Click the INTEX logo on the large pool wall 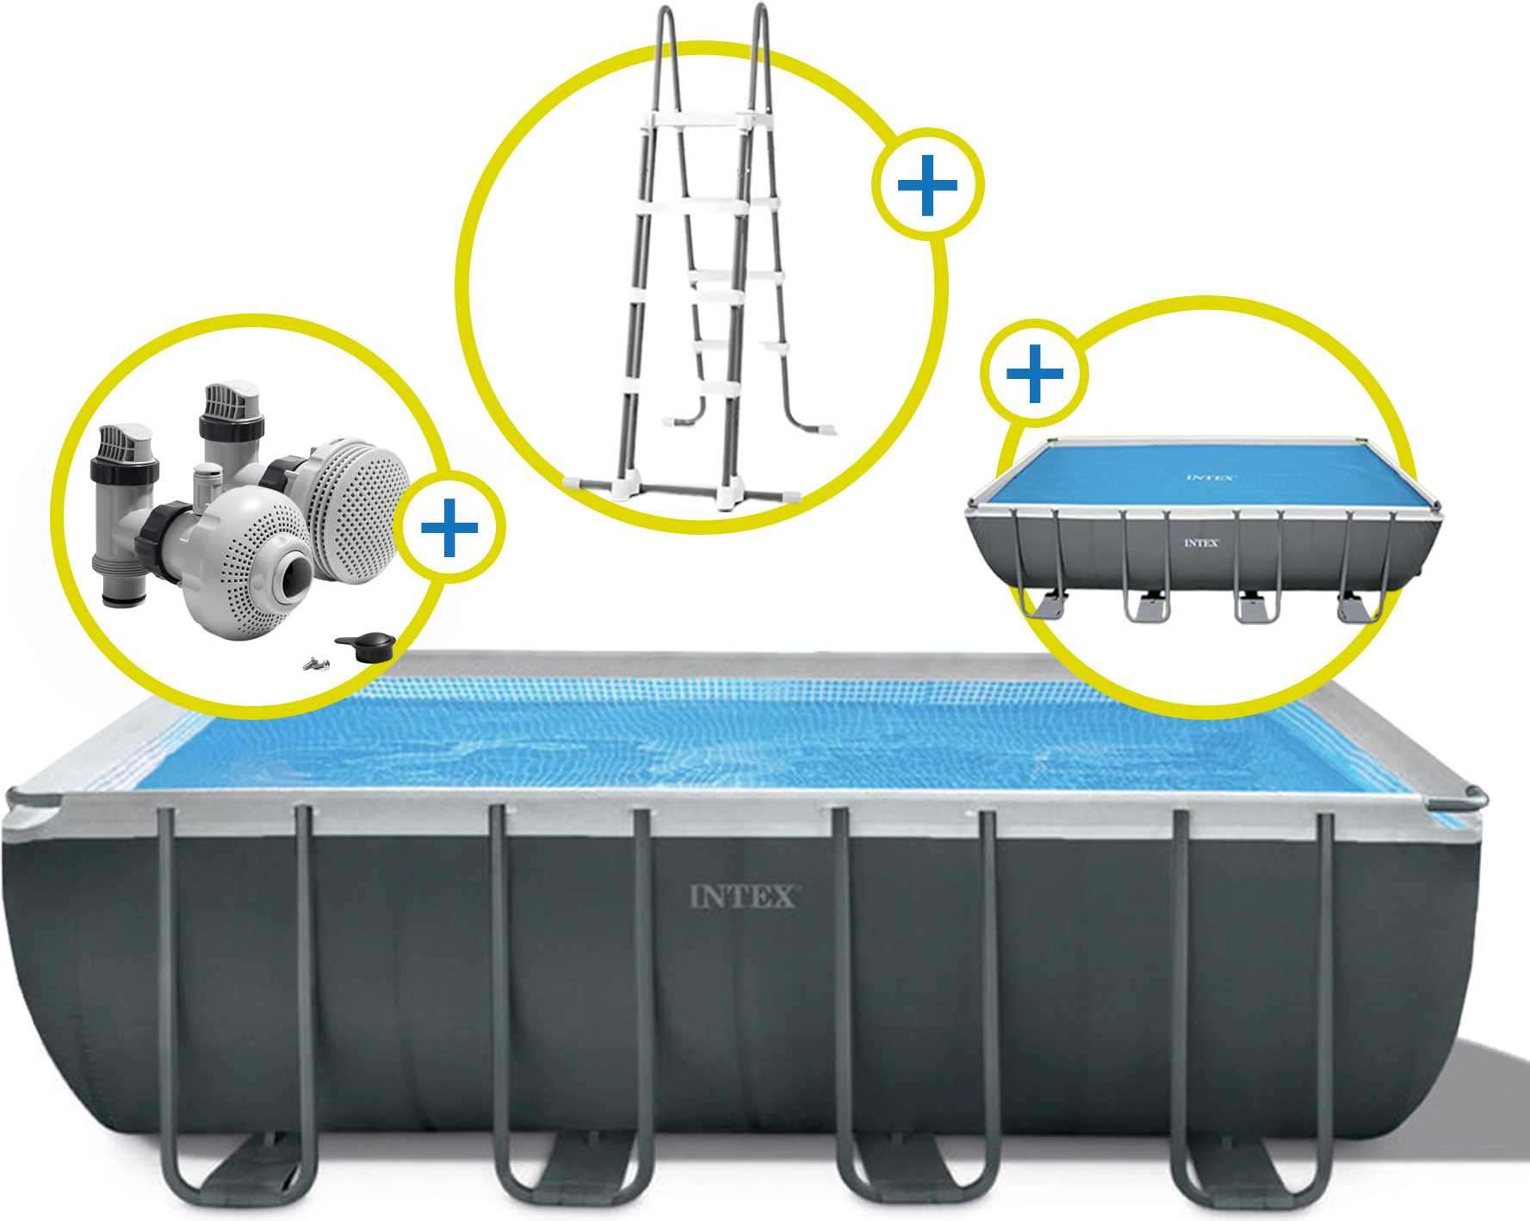(x=744, y=897)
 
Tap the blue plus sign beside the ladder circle (x=927, y=185)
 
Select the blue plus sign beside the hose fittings (x=449, y=528)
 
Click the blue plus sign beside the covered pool (x=1035, y=374)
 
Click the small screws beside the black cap (x=316, y=663)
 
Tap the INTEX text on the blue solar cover (x=1211, y=477)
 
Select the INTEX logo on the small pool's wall (x=1201, y=543)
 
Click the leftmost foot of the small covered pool (x=1045, y=604)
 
